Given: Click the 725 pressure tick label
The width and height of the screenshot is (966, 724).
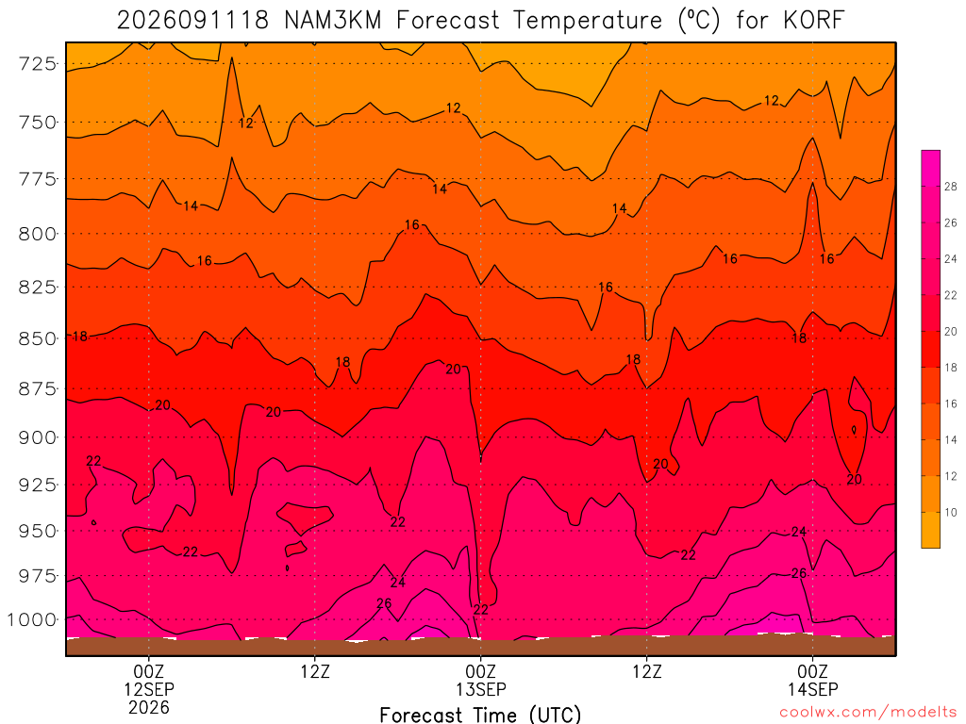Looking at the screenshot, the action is pyautogui.click(x=37, y=63).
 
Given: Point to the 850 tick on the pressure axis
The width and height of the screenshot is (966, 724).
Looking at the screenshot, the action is pyautogui.click(x=37, y=338).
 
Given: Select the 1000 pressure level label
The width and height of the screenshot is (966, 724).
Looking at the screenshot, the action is pyautogui.click(x=31, y=619).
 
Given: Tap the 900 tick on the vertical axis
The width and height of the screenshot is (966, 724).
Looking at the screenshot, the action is pyautogui.click(x=37, y=437).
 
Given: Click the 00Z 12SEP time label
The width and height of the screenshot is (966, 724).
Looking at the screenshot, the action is pyautogui.click(x=149, y=680).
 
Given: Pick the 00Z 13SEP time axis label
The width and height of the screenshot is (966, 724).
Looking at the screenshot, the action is pyautogui.click(x=480, y=680).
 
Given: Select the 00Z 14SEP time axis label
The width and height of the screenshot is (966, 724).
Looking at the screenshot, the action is pyautogui.click(x=812, y=680).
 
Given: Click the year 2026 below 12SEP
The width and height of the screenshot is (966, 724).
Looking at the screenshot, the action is pyautogui.click(x=149, y=707).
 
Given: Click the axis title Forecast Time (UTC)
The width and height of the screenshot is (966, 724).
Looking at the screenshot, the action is pyautogui.click(x=480, y=715).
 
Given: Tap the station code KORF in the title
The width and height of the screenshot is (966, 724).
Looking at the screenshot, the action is pyautogui.click(x=813, y=21).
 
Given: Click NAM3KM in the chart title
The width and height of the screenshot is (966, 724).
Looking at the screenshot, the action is pyautogui.click(x=333, y=21).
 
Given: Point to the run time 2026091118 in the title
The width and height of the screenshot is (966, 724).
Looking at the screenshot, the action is pyautogui.click(x=192, y=21).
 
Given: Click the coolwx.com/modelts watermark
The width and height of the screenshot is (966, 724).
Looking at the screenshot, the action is pyautogui.click(x=869, y=712).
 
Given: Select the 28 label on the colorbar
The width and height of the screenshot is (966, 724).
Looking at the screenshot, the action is pyautogui.click(x=951, y=187).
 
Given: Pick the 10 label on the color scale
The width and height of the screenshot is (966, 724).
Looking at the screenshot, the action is pyautogui.click(x=951, y=512).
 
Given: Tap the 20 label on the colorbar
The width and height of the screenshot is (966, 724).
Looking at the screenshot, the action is pyautogui.click(x=951, y=331).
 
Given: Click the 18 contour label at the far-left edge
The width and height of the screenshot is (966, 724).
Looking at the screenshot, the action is pyautogui.click(x=80, y=337).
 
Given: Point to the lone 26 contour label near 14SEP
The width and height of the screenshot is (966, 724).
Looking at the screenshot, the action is pyautogui.click(x=798, y=573).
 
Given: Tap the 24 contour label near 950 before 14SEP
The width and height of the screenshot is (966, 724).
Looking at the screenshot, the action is pyautogui.click(x=798, y=532).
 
